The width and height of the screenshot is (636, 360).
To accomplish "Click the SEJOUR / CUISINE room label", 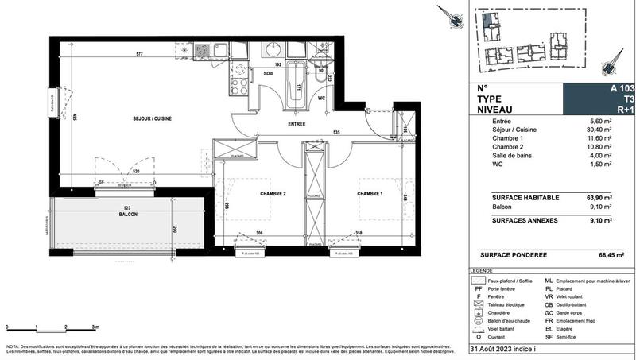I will (x=152, y=118).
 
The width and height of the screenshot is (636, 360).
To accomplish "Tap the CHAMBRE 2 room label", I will (x=272, y=193).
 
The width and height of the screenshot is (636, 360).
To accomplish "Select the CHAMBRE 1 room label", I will (x=370, y=193).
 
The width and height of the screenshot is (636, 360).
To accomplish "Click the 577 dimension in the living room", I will (x=139, y=53).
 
